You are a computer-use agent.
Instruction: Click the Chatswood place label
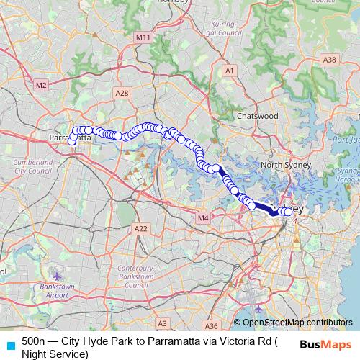(258, 115)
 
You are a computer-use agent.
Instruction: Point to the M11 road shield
(143, 37)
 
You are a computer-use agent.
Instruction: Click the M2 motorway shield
(40, 85)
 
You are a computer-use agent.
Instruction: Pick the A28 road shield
(122, 93)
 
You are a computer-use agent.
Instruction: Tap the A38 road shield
(330, 60)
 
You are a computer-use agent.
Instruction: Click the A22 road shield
(140, 228)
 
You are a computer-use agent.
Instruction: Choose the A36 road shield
(212, 325)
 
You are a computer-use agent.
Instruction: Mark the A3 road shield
(163, 324)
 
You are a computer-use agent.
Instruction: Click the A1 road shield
(230, 71)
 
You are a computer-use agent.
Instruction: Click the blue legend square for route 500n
(10, 343)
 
